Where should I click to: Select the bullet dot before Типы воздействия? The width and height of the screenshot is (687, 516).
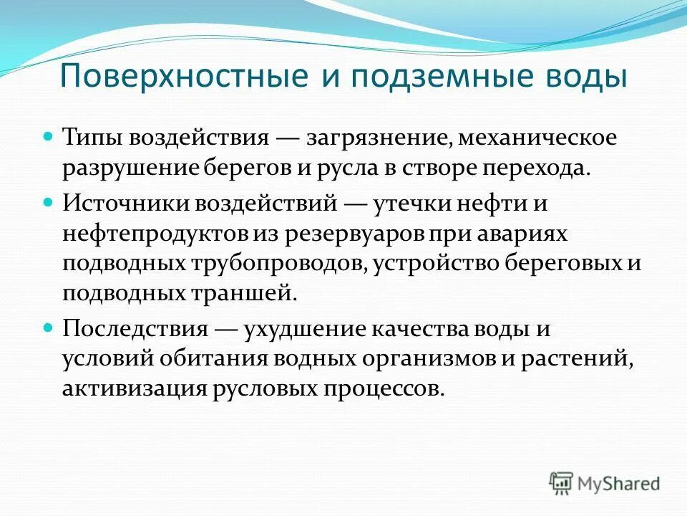coord(49,135)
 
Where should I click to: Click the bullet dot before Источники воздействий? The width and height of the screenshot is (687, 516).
coord(49,201)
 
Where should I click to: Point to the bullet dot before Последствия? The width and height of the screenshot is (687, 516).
coord(49,326)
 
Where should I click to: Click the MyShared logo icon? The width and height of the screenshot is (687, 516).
coord(560,482)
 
